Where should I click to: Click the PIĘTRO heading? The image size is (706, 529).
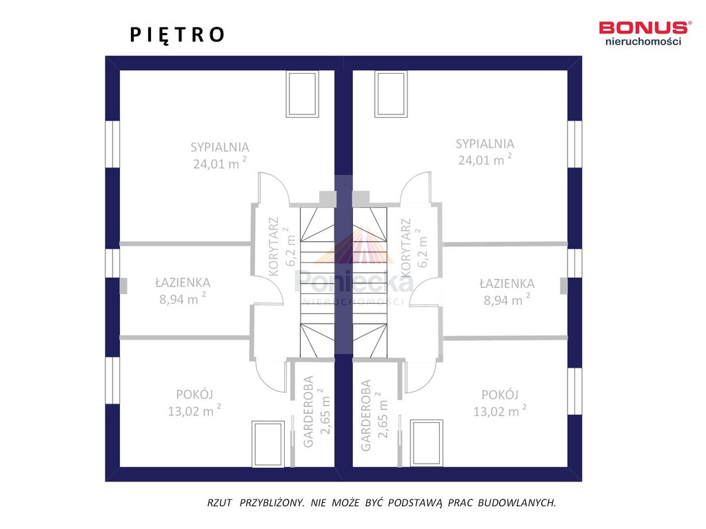pos(177,35)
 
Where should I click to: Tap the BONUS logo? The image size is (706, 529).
pos(643,33)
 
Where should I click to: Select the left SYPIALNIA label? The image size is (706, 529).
pos(220,147)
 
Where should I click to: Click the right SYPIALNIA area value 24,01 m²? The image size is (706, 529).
pos(485,160)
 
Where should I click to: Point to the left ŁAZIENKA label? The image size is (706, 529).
pos(183,282)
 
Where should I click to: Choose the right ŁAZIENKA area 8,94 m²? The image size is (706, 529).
pos(507,300)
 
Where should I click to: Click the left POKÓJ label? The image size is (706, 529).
pos(194,394)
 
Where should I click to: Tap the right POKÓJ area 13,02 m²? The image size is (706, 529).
pos(500,411)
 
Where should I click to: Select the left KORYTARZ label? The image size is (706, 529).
pos(273,246)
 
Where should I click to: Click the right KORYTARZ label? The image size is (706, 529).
pos(405,247)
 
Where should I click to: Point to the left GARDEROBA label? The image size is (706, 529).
pos(308,412)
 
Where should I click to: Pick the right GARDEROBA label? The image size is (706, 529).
pos(365,415)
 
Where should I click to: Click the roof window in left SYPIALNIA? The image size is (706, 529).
pos(303,94)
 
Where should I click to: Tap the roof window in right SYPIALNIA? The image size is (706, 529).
pos(391,94)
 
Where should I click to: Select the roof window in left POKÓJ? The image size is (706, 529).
pos(268,444)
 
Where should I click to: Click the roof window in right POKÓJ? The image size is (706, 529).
pos(426,443)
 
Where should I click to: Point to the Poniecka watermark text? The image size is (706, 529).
pos(354,282)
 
